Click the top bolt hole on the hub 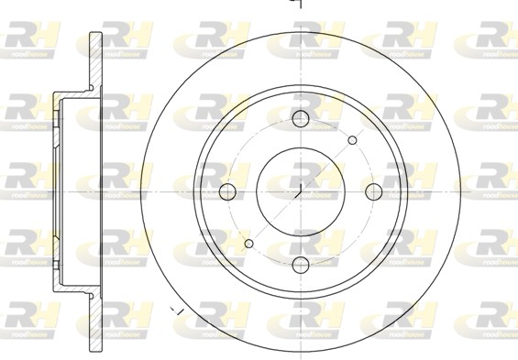click(301, 118)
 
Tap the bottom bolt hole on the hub click(301, 265)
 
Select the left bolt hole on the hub click(227, 191)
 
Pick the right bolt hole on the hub click(374, 191)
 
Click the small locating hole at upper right click(352, 140)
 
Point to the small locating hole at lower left click(248, 243)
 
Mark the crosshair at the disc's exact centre click(301, 191)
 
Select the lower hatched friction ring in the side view click(94, 321)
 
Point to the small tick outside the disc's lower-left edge click(180, 313)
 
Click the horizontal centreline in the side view click(73, 191)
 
